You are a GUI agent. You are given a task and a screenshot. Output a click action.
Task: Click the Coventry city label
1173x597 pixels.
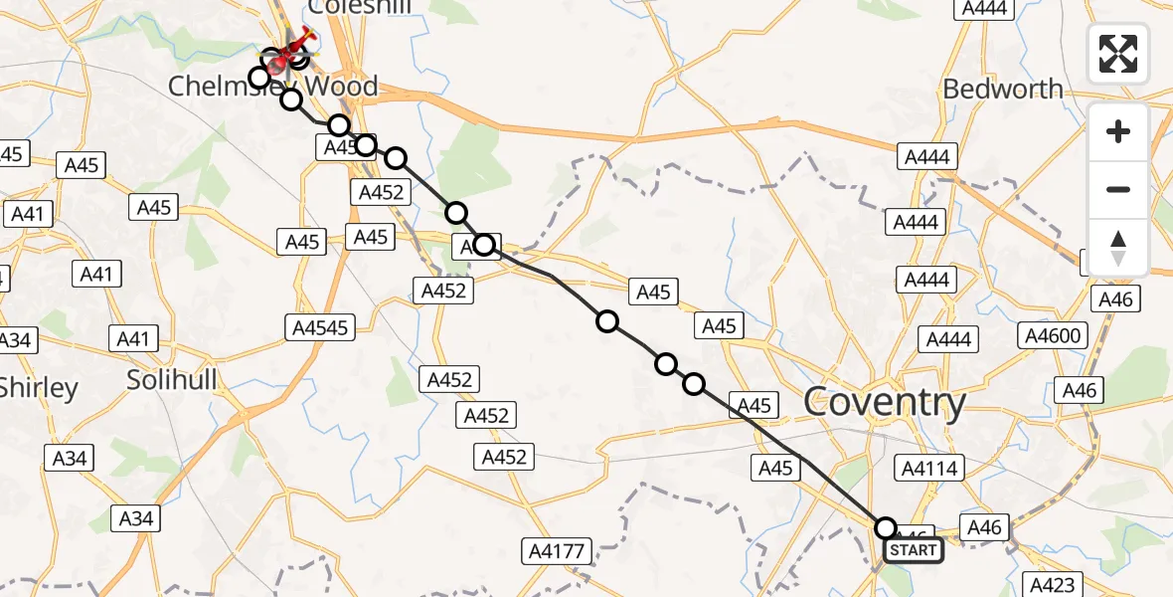(884, 403)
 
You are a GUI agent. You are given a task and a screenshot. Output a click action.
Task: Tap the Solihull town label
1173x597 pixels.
(172, 378)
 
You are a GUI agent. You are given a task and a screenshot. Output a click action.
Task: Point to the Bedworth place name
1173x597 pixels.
(1003, 89)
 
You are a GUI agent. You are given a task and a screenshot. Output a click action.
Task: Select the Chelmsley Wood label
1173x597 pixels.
(272, 87)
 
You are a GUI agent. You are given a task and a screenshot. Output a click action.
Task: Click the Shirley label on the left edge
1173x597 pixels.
(38, 387)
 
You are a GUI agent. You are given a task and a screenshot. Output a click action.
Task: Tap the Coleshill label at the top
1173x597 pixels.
(360, 7)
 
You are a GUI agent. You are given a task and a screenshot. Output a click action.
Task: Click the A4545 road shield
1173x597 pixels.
(319, 326)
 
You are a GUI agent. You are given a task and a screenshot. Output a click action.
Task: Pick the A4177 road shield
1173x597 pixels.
(560, 550)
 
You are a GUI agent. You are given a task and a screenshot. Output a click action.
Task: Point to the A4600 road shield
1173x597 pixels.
(1053, 336)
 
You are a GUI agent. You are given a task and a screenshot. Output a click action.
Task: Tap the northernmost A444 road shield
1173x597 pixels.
(983, 8)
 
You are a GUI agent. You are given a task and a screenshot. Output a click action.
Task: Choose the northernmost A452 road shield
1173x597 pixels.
(381, 192)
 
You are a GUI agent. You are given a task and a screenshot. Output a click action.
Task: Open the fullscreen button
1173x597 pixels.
(1118, 54)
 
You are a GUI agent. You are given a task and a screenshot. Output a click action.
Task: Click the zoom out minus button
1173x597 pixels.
(1118, 189)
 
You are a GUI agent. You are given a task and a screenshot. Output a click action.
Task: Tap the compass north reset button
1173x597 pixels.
(1118, 248)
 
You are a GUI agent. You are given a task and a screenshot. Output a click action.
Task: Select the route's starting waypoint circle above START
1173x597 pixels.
(885, 528)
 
